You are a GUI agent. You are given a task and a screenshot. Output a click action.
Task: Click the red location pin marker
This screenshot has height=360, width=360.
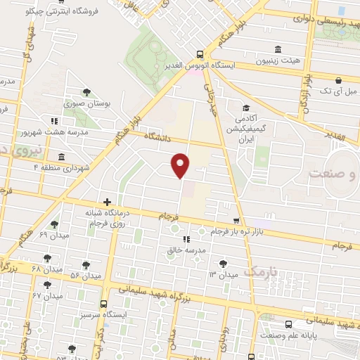tap(181, 165)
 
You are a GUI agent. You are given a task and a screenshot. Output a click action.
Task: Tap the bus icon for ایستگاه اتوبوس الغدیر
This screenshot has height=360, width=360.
tap(200, 54)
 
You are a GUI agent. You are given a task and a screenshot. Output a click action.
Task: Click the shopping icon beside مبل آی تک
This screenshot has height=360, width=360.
tap(340, 79)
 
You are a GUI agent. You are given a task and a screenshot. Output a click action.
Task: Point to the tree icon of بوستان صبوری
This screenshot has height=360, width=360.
tap(86, 91)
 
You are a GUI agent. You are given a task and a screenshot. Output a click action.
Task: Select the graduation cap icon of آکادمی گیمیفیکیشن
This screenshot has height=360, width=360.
tap(246, 108)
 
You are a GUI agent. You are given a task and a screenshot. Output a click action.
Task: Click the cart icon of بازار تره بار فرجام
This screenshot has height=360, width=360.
tap(224, 220)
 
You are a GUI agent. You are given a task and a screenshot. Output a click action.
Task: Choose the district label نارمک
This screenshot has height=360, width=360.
tap(264, 271)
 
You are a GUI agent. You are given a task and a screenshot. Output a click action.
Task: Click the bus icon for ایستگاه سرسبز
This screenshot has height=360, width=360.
tap(104, 304)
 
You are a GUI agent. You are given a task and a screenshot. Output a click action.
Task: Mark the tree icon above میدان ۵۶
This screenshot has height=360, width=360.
tap(86, 265)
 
